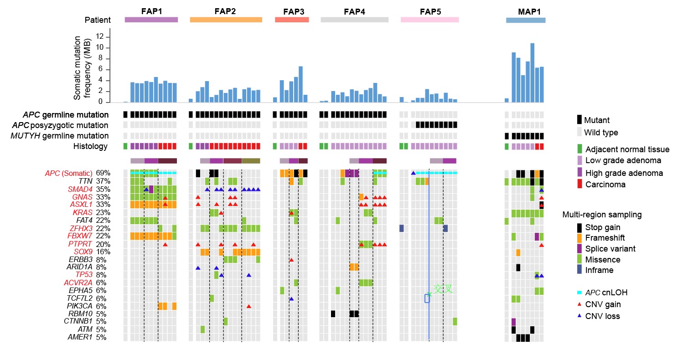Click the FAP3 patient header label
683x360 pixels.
[291, 11]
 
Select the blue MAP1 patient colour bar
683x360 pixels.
[526, 20]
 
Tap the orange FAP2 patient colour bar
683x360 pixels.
[226, 20]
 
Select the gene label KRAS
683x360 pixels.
[82, 212]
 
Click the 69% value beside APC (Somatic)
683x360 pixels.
[103, 174]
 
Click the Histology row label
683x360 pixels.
[90, 146]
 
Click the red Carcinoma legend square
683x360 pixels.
[580, 184]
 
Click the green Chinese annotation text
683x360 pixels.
[443, 288]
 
